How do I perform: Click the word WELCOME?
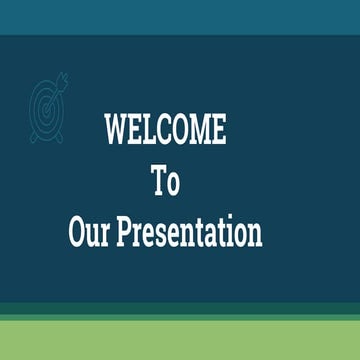point(166,130)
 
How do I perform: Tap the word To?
point(166,182)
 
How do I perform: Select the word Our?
point(90,232)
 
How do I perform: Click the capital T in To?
point(158,182)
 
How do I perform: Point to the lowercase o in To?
point(174,185)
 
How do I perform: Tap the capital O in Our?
point(78,232)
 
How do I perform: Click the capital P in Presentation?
point(124,232)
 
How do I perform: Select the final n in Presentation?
point(255,235)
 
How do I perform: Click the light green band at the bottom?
point(180,340)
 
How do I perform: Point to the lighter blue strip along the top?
point(180,17)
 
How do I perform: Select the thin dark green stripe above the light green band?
point(180,311)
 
